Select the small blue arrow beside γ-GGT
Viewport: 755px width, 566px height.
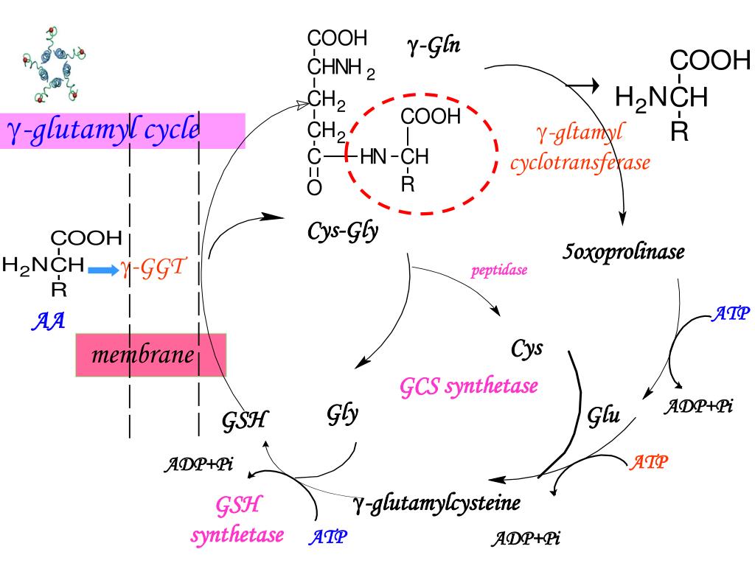click(102, 270)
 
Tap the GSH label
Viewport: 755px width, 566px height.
click(244, 421)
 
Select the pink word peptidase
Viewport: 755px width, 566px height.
click(499, 270)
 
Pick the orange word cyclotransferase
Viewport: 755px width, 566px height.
click(580, 162)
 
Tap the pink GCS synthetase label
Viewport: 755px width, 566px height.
click(469, 385)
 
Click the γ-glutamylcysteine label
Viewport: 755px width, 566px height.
click(436, 503)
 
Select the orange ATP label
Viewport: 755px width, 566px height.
click(649, 462)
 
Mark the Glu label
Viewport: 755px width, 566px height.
click(603, 416)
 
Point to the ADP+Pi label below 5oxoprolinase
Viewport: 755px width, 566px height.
click(699, 406)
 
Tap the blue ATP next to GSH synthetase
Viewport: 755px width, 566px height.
click(327, 537)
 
